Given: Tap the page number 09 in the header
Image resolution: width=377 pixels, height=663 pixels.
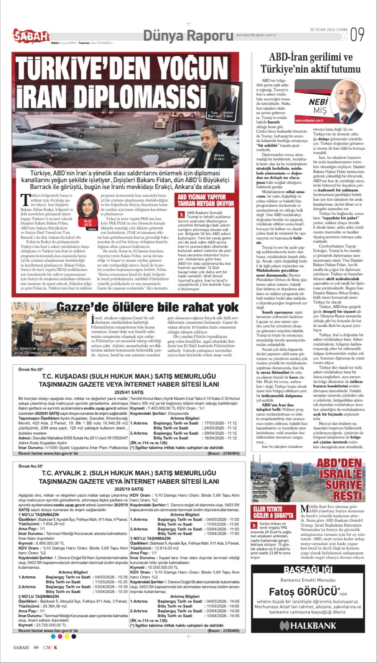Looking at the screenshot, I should point(357,34).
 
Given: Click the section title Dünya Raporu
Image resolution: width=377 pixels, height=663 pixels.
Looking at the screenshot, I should point(188,35).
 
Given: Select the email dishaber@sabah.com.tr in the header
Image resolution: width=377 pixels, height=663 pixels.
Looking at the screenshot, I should point(256,35).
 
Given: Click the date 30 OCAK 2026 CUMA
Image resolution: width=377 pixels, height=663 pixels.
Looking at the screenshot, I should point(329,30).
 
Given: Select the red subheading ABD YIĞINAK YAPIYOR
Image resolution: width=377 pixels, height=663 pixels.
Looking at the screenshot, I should point(202,197).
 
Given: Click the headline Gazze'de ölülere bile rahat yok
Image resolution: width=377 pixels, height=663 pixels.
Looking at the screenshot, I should point(147,307).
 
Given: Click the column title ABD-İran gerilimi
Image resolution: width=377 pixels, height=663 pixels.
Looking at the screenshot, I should point(311,57).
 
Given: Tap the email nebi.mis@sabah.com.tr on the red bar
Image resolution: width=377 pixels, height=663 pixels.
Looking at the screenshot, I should point(309,120).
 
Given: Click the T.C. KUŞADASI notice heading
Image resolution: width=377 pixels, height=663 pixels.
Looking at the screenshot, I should point(129,376).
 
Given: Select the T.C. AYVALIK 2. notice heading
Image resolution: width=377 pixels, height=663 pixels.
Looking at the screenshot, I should point(129,473).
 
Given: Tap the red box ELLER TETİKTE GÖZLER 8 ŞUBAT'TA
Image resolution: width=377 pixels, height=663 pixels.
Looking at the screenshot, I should point(273,512).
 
